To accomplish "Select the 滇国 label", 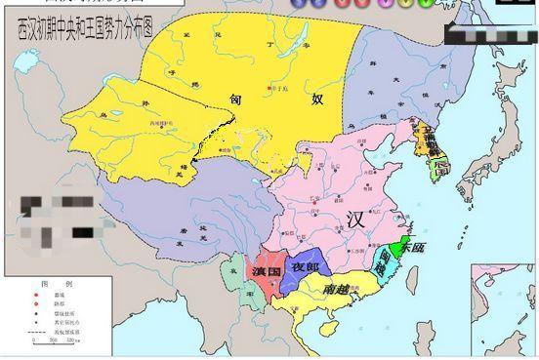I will point(266,270).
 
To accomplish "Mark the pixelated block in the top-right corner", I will point(488,34).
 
